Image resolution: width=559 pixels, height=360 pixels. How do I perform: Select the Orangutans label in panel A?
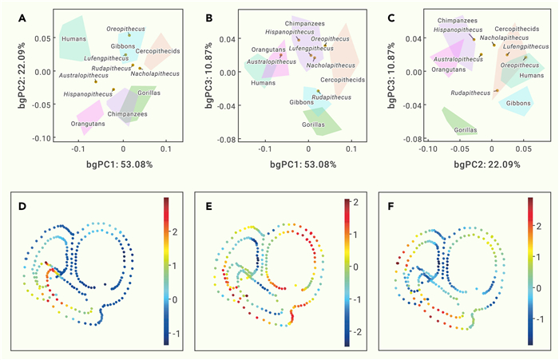pos(87,125)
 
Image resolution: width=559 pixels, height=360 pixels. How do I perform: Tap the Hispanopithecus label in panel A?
pos(88,94)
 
